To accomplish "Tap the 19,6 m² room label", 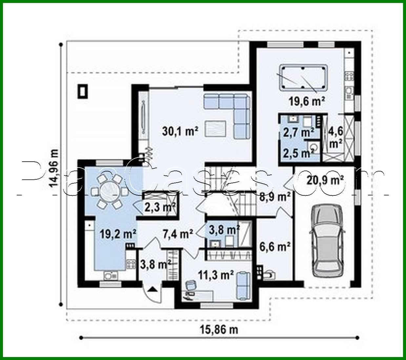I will tap(307, 101).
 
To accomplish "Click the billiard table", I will tap(303, 77).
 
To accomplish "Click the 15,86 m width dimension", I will tap(219, 329).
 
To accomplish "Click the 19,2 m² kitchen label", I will tap(118, 234).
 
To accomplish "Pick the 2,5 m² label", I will tap(297, 153).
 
